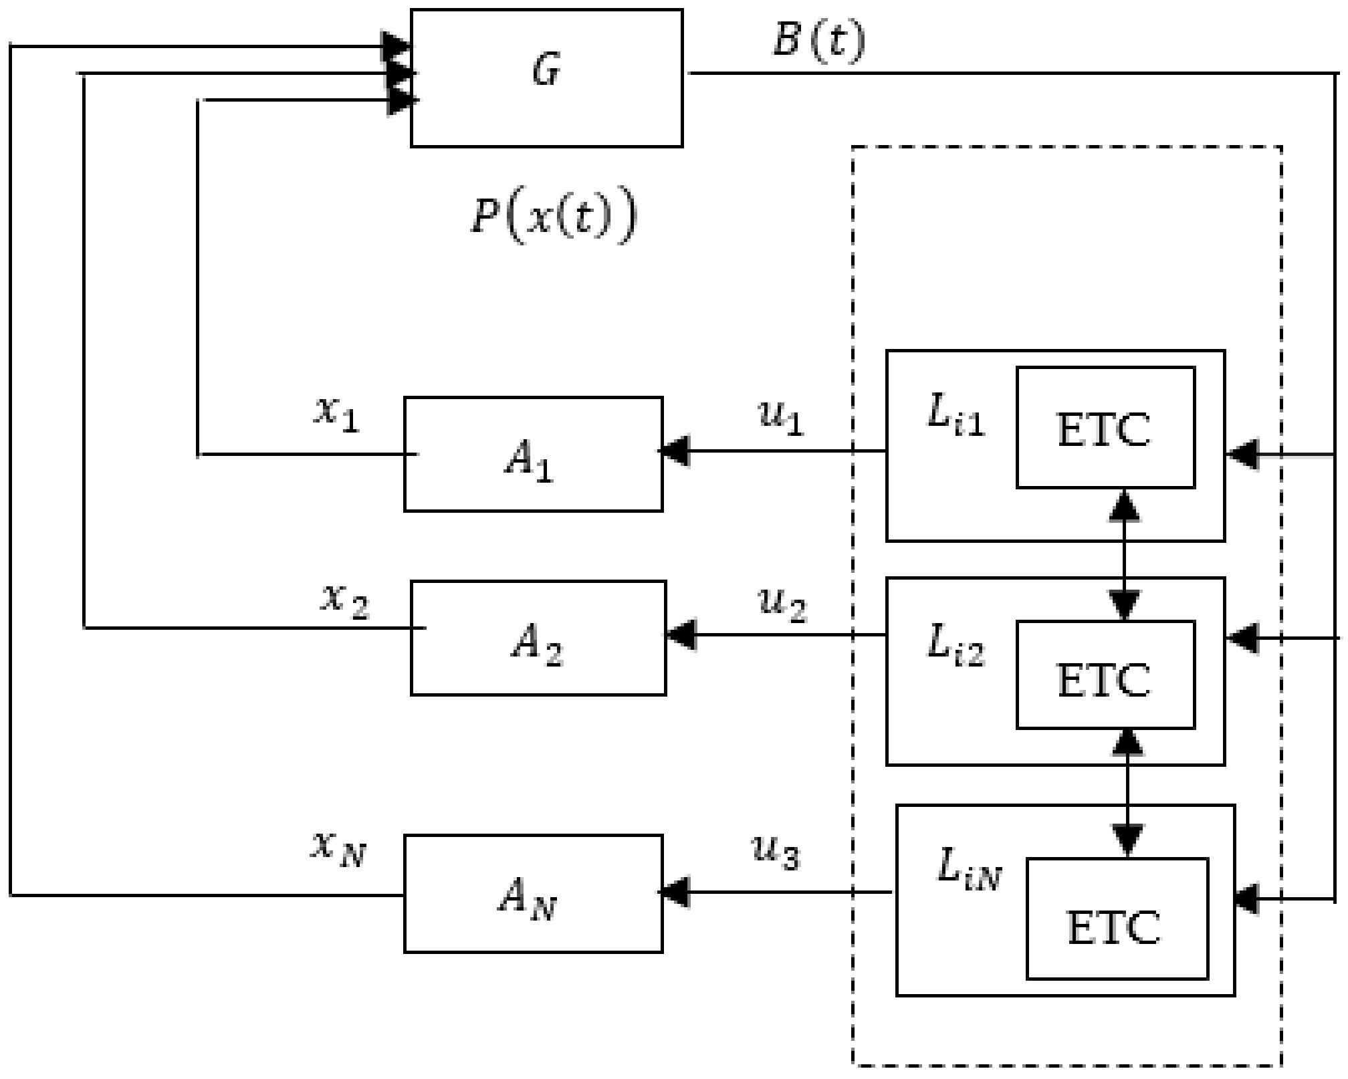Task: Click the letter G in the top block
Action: point(546,71)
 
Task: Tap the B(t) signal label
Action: point(818,41)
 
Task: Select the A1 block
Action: point(533,455)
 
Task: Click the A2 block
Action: point(538,638)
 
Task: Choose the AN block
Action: point(533,894)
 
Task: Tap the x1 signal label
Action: point(338,414)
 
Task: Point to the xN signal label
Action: point(338,849)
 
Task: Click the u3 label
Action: point(776,852)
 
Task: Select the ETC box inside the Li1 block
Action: point(1105,428)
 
